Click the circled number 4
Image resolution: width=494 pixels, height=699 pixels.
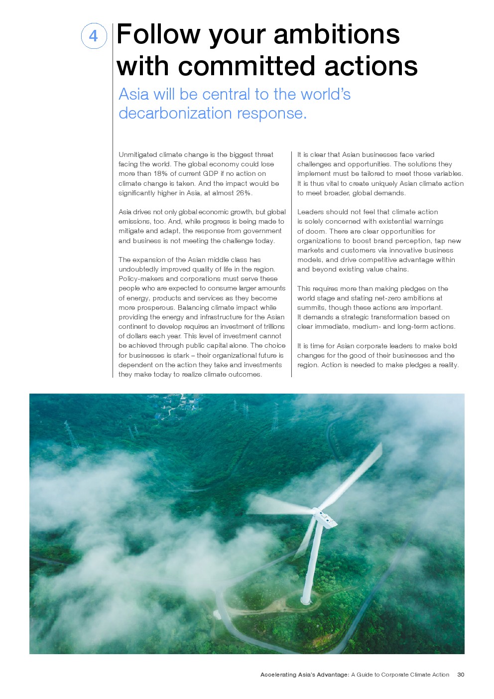click(94, 36)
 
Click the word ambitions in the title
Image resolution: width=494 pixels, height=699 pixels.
click(337, 35)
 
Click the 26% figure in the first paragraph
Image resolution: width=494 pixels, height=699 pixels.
click(243, 193)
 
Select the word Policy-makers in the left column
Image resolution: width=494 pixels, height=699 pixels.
click(139, 279)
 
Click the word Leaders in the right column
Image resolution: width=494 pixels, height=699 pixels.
click(310, 212)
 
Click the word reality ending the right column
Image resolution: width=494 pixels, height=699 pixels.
click(448, 365)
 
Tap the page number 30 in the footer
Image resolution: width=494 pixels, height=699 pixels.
click(461, 675)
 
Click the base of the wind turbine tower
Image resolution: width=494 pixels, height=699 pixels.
click(306, 600)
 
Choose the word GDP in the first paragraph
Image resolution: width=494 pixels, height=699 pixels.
click(211, 174)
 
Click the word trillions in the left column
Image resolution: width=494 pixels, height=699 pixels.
click(274, 327)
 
